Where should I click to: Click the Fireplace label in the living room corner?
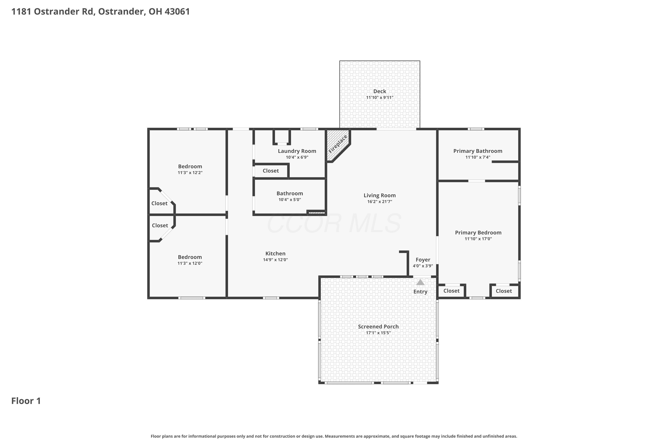click(338, 144)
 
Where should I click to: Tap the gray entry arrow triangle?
click(420, 282)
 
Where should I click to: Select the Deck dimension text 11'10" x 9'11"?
click(379, 98)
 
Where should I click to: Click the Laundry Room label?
click(297, 151)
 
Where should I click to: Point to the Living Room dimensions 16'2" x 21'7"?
click(379, 202)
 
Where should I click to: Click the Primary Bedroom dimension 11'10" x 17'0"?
click(478, 239)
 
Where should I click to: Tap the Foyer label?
click(423, 260)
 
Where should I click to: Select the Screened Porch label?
click(378, 327)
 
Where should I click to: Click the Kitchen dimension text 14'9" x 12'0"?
click(275, 260)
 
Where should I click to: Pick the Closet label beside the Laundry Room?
click(271, 171)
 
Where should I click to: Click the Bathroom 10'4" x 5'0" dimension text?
click(289, 200)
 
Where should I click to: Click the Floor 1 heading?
click(26, 401)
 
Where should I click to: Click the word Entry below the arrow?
click(420, 292)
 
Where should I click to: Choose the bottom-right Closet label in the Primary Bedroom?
click(503, 291)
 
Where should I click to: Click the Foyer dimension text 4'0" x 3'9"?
click(423, 266)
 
